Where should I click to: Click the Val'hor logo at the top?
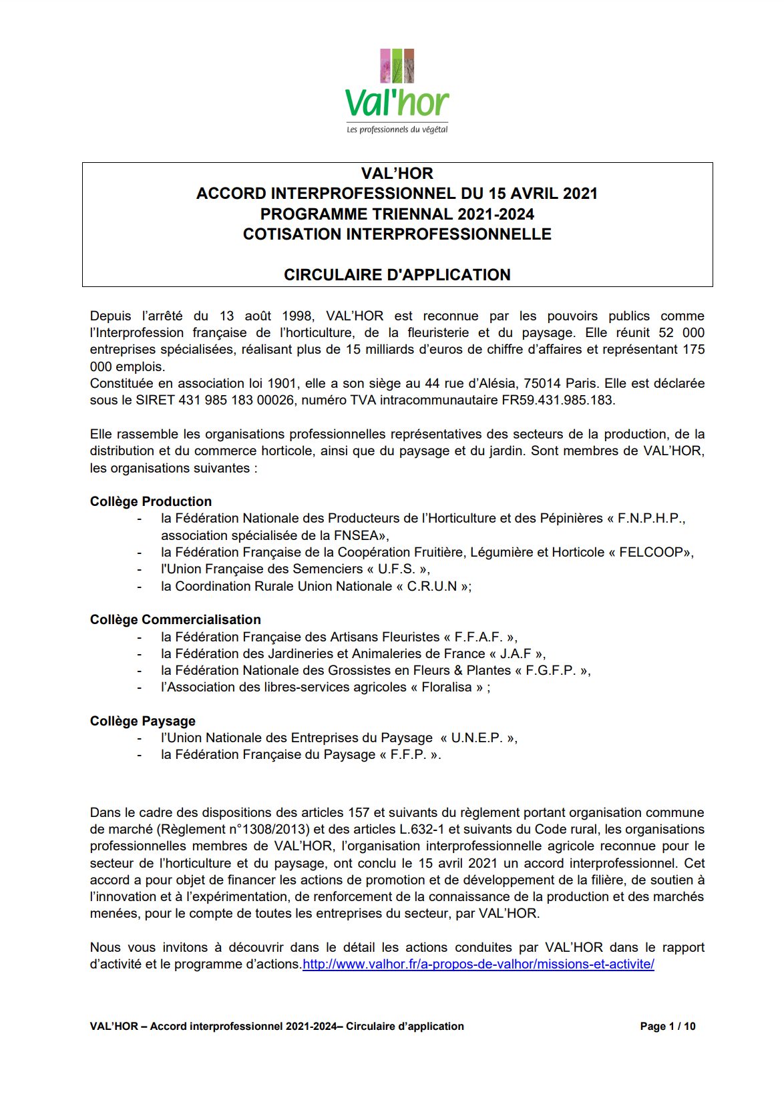point(397,90)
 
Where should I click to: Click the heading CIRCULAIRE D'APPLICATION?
point(397,275)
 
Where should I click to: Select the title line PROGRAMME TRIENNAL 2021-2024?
point(397,214)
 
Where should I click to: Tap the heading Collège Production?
point(151,501)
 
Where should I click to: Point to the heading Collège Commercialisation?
point(175,619)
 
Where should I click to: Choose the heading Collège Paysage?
point(143,721)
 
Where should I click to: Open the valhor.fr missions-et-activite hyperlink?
point(478,964)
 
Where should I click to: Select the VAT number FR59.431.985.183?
point(558,400)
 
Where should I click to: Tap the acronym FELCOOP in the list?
point(651,552)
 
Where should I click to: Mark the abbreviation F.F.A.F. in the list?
point(478,637)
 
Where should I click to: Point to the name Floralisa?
point(447,687)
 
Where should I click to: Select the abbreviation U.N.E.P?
point(477,738)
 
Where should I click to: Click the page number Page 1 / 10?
point(667,1027)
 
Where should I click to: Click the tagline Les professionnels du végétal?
point(397,129)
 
